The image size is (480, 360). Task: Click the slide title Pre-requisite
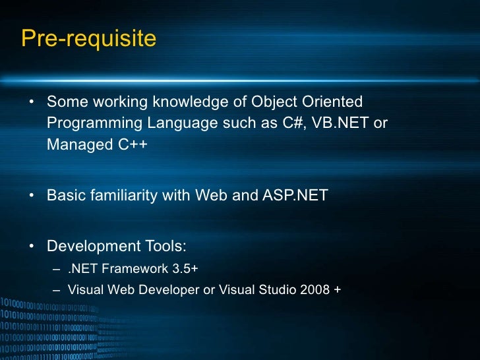click(x=88, y=39)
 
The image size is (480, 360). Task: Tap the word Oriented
click(x=334, y=102)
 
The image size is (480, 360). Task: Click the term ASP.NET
click(x=295, y=195)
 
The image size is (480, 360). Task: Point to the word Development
click(x=89, y=247)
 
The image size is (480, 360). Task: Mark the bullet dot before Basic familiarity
click(x=32, y=196)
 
